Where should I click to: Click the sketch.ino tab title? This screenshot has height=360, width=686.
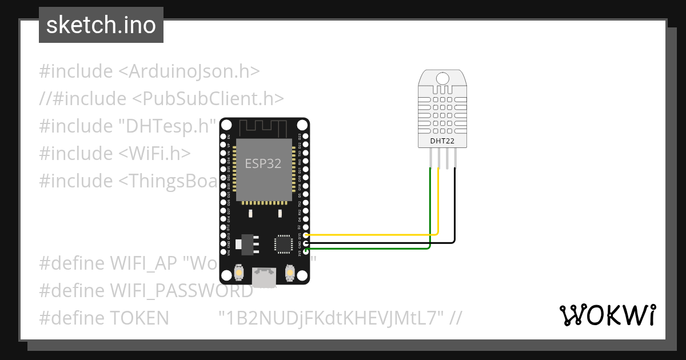coord(101,25)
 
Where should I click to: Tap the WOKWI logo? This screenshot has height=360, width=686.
coord(607,315)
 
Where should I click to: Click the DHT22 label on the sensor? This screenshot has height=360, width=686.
coord(442,140)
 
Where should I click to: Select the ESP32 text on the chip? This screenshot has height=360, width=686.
coord(263,164)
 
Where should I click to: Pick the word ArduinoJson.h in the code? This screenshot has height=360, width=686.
coord(189,71)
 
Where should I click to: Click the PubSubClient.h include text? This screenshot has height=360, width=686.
coord(208,99)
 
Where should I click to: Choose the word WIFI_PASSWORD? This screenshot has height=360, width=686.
coord(181,291)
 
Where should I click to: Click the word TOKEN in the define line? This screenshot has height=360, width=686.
coord(139,318)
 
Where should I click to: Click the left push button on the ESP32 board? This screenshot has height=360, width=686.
coord(238,274)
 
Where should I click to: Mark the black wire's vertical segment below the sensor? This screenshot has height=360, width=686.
coord(456,206)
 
